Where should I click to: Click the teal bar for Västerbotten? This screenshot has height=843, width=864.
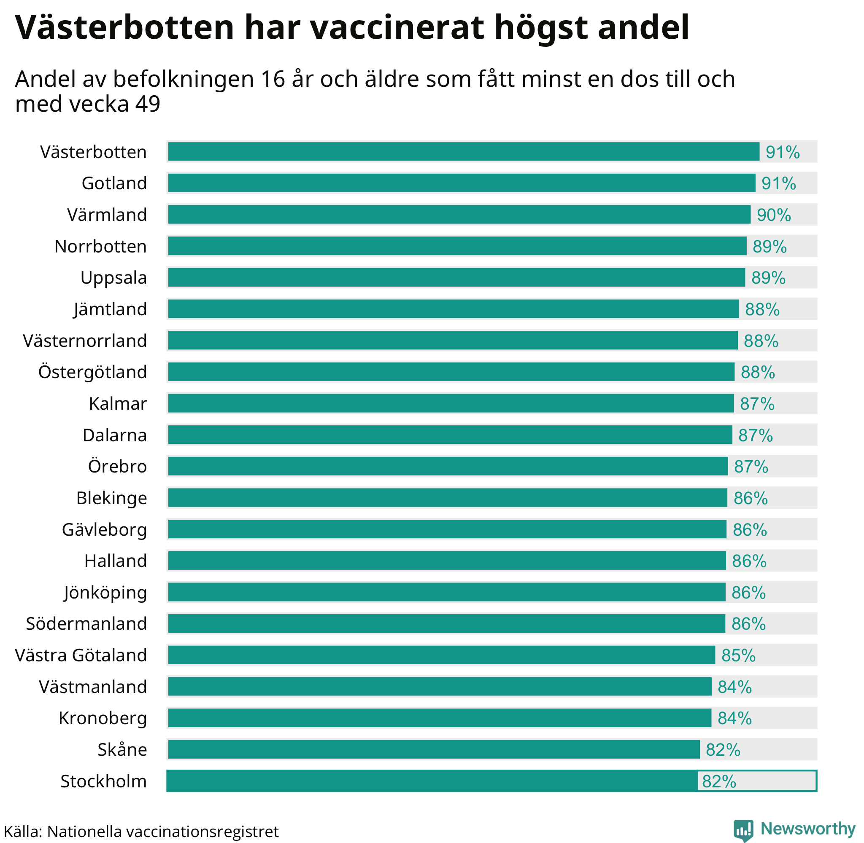[463, 152]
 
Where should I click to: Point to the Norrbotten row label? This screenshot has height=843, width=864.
[100, 247]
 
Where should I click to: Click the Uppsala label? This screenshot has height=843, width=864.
[113, 278]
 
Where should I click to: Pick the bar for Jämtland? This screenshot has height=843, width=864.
[453, 309]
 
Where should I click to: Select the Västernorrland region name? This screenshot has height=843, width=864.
[85, 341]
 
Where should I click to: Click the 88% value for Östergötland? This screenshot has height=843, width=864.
[758, 372]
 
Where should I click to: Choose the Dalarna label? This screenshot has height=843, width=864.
[114, 435]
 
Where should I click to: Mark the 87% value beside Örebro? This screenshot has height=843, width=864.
[751, 467]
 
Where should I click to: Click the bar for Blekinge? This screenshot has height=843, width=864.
[447, 498]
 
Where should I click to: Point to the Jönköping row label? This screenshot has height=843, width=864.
[105, 592]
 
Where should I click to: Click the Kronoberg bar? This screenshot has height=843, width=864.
[439, 718]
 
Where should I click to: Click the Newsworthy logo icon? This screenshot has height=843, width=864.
[743, 830]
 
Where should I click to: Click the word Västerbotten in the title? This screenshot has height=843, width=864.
[124, 27]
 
